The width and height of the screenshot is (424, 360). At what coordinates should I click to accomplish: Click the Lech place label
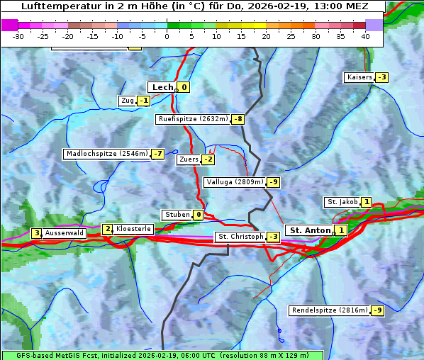162,87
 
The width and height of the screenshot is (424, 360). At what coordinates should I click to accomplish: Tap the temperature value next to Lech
184,87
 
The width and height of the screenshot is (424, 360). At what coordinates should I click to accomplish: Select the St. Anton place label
310,230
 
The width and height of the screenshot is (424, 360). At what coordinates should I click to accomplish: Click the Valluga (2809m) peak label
234,182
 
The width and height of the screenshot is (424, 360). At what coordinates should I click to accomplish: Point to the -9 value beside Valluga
274,182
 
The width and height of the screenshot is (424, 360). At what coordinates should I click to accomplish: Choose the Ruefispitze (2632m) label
193,119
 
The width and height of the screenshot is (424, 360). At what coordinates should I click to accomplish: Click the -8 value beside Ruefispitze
238,119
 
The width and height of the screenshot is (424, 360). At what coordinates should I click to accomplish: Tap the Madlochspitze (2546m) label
106,154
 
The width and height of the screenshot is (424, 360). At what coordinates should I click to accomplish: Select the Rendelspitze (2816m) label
330,310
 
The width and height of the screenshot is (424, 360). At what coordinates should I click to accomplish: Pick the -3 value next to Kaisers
382,77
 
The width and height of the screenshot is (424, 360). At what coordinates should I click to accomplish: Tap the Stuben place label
177,215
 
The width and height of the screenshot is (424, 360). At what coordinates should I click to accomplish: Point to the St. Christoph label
240,237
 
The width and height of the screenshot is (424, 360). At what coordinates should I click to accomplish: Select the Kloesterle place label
133,229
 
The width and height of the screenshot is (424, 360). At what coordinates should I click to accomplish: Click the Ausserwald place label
65,232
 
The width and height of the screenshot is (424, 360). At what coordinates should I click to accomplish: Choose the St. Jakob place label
342,202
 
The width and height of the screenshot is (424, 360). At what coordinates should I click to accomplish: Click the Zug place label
128,101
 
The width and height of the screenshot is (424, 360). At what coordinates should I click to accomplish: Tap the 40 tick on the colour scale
365,35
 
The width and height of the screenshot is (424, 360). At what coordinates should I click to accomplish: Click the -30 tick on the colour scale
19,35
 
